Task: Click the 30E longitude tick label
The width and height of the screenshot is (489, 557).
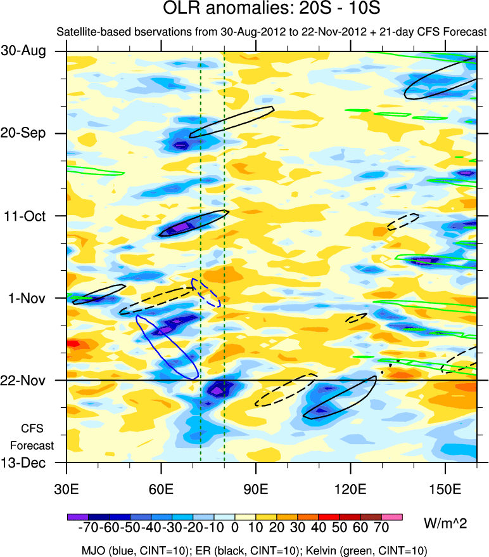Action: (67, 489)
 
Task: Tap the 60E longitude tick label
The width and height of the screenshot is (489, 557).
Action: (161, 489)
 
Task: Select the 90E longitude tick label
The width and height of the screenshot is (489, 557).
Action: (256, 489)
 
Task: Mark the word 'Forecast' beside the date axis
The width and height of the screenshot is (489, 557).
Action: (33, 445)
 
